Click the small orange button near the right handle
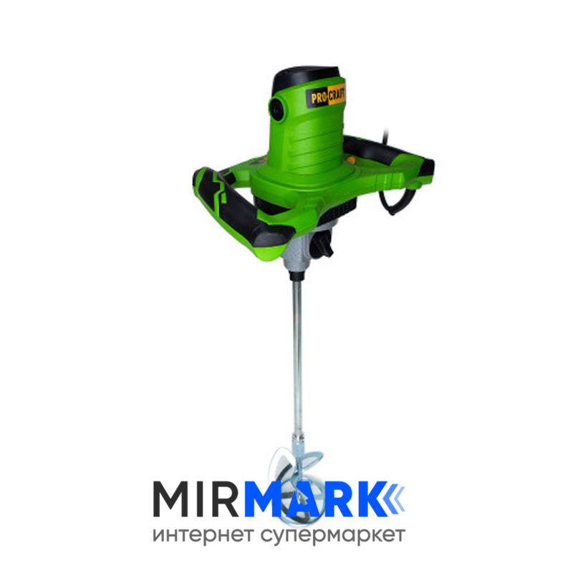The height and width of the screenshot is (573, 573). [351, 160]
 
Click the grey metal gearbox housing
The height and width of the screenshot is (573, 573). [299, 251]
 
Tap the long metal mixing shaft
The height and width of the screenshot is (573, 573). [298, 358]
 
